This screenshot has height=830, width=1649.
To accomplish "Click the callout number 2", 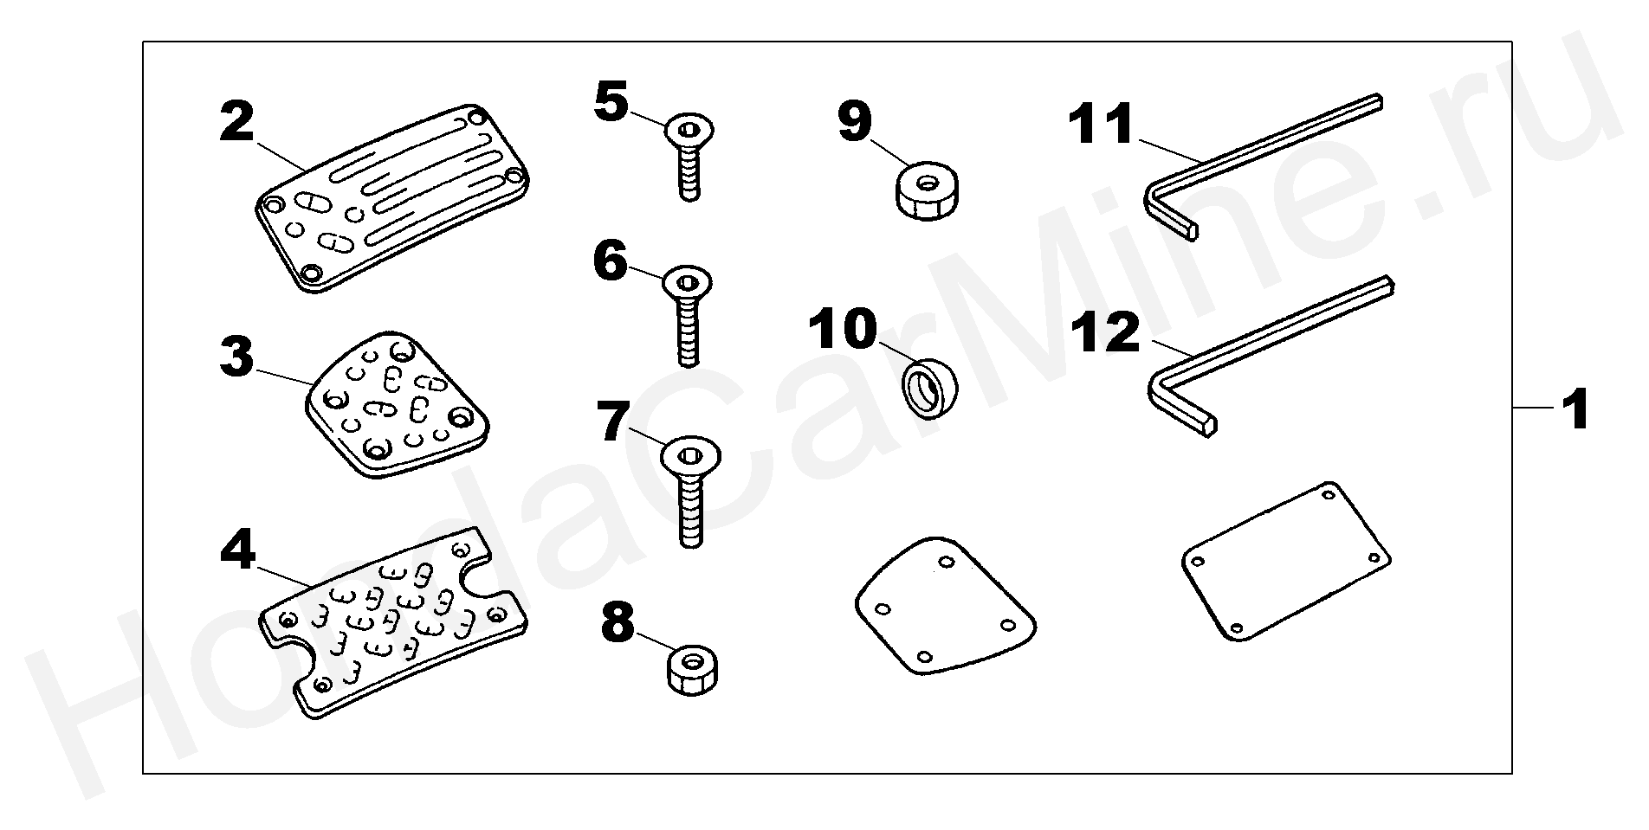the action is (237, 123).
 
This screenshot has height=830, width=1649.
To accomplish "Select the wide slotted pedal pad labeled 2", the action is (394, 199).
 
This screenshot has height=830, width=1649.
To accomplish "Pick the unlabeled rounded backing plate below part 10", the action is (944, 606).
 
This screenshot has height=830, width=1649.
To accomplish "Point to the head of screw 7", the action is (690, 455).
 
